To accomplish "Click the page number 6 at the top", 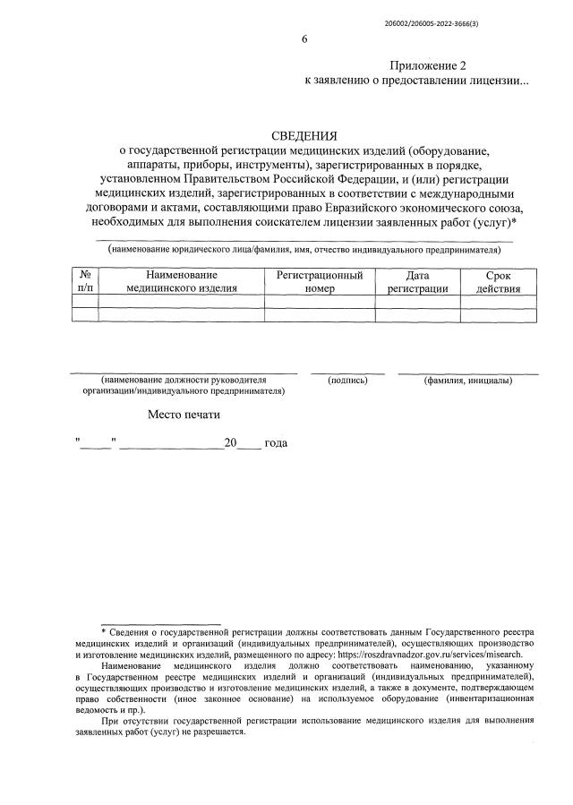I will coord(304,39).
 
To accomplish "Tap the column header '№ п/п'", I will coord(84,281).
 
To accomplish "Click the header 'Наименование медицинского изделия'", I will coord(181,281).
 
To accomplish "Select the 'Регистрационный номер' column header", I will coord(319,281).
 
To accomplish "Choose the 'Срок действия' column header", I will coord(498,281).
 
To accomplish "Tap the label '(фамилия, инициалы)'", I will coord(467,381).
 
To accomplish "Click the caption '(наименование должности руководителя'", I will coord(184,381).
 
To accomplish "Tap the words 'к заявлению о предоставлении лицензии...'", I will coord(416,81).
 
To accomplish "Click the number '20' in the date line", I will coord(230,443).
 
